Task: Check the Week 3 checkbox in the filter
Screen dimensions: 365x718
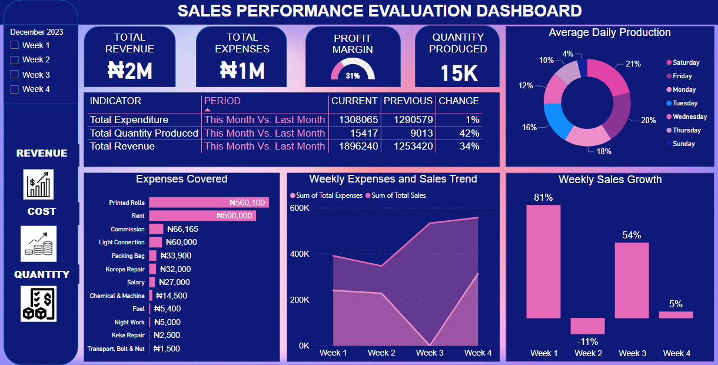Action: (x=15, y=75)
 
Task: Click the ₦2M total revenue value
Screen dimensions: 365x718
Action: (x=129, y=71)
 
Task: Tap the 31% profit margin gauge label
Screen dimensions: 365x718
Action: (x=353, y=76)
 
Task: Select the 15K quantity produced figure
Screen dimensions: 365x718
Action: (x=458, y=73)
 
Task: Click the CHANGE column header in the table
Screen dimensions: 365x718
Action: (x=458, y=101)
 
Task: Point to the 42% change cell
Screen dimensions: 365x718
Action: (x=469, y=134)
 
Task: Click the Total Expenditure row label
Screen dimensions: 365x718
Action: (x=129, y=120)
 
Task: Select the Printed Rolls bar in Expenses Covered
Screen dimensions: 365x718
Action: (x=208, y=203)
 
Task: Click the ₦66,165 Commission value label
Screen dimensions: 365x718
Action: (x=182, y=230)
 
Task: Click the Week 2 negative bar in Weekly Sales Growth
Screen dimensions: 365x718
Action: (x=587, y=326)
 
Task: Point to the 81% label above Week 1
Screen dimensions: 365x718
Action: (x=543, y=198)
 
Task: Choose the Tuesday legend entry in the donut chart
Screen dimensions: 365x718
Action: (x=684, y=103)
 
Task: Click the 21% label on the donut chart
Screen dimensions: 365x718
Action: (x=633, y=64)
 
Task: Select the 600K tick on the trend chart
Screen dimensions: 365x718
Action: (x=300, y=208)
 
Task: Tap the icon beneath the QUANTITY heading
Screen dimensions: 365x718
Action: (x=39, y=304)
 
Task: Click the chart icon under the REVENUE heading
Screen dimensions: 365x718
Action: (x=39, y=184)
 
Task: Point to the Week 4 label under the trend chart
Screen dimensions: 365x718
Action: (x=477, y=353)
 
